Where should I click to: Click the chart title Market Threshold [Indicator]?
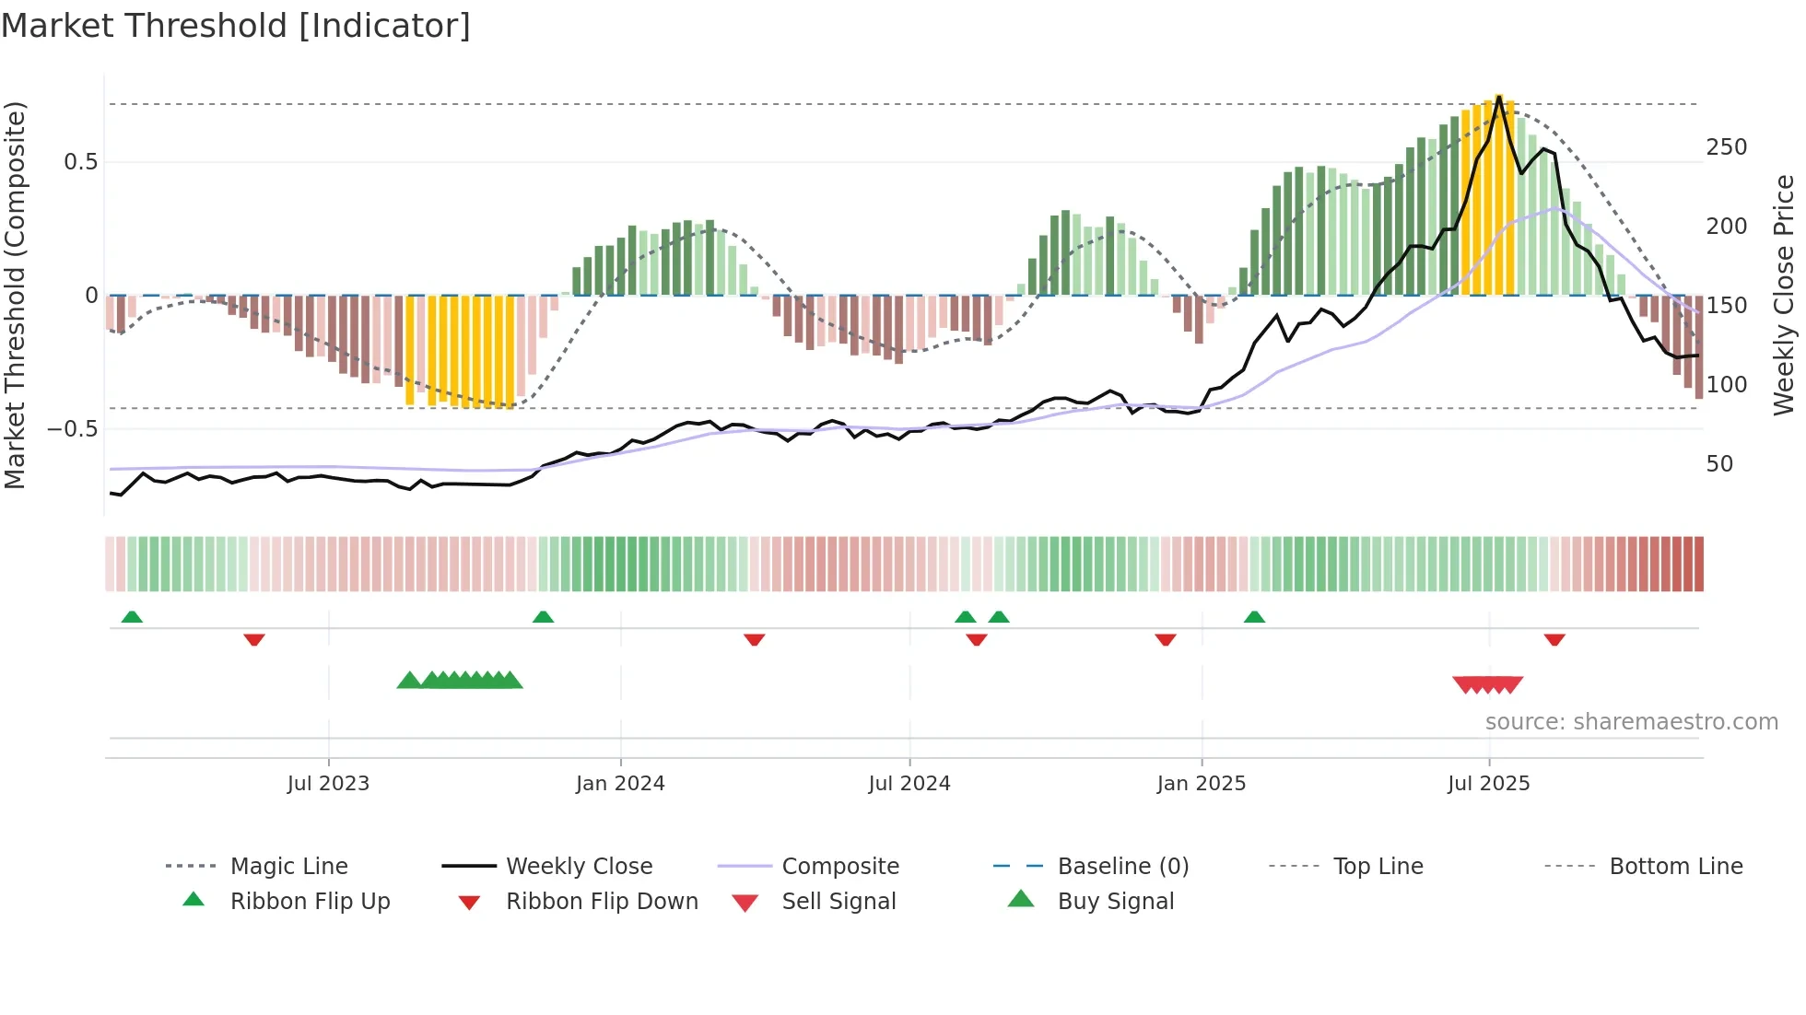point(236,26)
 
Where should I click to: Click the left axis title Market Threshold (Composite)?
point(15,295)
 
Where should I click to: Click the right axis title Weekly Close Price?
point(1784,295)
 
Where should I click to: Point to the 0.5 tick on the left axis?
point(81,162)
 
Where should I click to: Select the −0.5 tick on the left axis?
point(73,429)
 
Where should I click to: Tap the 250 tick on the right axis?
point(1726,147)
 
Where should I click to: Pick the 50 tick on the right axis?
point(1719,464)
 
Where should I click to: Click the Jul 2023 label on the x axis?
point(328,784)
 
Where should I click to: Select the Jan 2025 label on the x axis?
point(1202,784)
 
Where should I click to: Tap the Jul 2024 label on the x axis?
point(909,784)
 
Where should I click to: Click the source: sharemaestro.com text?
point(1631,722)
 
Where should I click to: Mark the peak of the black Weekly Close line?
point(1499,97)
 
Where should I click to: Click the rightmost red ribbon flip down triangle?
point(1554,639)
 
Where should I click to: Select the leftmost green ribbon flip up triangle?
point(132,617)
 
